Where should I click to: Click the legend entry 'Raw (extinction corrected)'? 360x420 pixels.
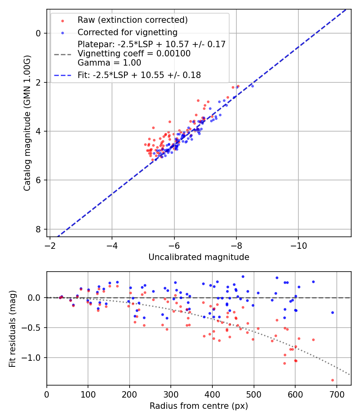132,20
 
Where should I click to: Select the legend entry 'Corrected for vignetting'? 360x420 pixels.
127,32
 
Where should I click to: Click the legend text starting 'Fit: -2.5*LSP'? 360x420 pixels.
139,75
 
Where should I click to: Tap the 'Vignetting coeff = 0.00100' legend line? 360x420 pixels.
134,53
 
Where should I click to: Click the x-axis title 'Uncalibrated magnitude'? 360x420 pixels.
199,257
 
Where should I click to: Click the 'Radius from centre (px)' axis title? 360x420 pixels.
199,406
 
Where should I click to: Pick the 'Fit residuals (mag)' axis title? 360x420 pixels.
13,328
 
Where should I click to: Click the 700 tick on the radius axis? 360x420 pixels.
336,394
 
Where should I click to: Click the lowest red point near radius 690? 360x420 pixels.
332,380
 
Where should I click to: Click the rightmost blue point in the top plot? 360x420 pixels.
252,86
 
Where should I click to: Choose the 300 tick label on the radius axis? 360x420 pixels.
171,394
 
